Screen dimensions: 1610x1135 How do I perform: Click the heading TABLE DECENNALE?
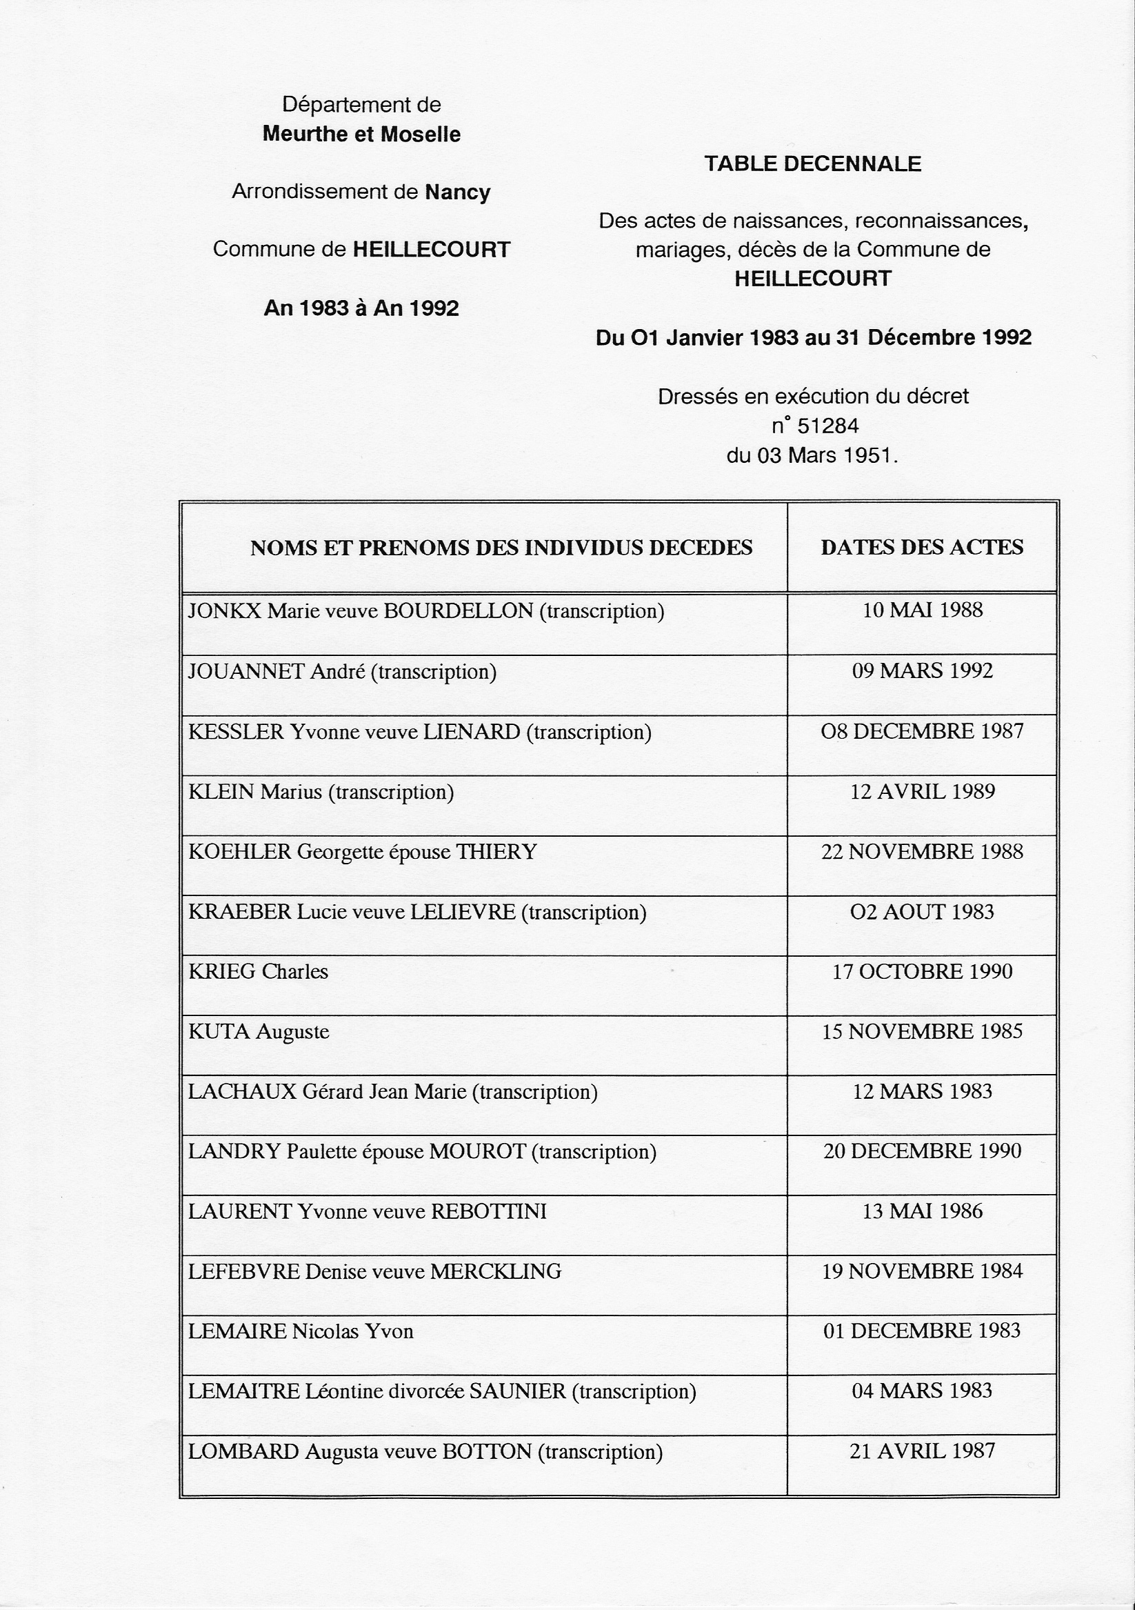pos(812,164)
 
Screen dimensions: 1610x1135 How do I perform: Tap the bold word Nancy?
pos(458,192)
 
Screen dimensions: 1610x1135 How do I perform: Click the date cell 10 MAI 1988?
pos(922,610)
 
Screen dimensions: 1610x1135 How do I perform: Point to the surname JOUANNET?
pos(246,672)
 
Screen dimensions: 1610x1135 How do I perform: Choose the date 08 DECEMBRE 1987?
pos(922,731)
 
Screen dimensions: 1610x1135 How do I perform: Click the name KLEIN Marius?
pos(256,793)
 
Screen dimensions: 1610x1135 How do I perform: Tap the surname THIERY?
pos(496,852)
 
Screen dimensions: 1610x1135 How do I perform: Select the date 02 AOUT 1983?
pos(922,912)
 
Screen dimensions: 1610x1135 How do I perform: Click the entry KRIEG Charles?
pos(258,971)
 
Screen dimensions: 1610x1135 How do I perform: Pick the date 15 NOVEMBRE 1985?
pos(922,1031)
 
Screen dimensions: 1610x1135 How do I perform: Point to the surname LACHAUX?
pos(242,1092)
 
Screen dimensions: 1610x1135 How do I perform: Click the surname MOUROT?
pos(477,1151)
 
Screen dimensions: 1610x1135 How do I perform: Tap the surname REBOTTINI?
pos(488,1212)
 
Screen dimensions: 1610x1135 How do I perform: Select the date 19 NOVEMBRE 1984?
pos(922,1271)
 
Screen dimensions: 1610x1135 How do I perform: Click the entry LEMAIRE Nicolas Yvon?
pos(301,1331)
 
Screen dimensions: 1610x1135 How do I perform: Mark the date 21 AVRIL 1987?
pos(922,1451)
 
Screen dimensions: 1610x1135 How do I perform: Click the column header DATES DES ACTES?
pos(922,547)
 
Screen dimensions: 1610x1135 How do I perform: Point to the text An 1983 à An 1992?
pos(361,308)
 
